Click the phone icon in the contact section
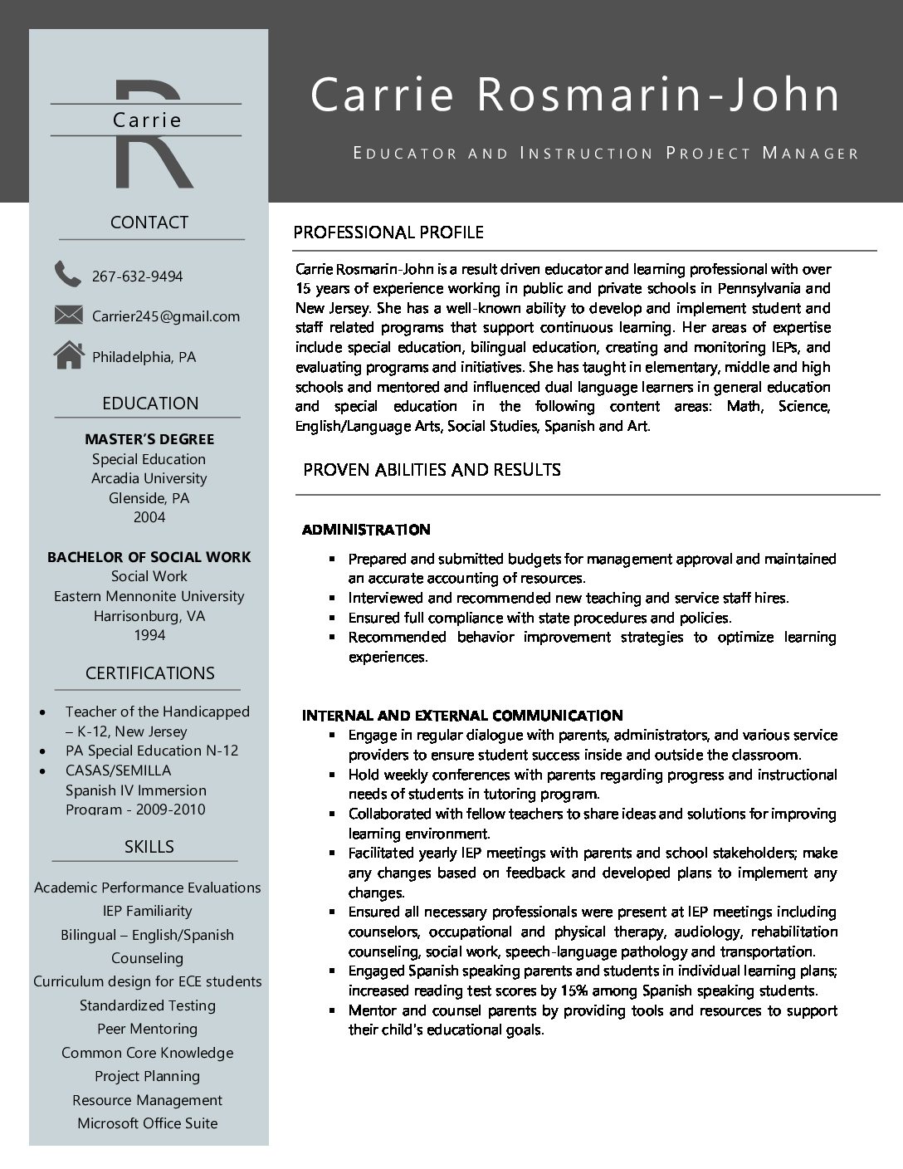tap(67, 273)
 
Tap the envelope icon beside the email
tap(68, 315)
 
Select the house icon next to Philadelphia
tap(68, 355)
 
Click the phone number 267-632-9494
tap(137, 276)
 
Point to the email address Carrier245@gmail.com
tap(165, 316)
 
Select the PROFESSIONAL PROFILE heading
tap(388, 232)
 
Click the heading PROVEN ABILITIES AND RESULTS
tap(432, 470)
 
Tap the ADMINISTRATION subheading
tap(366, 530)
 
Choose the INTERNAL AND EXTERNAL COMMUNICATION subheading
tap(462, 716)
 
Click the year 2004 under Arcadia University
tap(149, 517)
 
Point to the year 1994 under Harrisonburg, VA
tap(149, 635)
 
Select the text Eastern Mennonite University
tap(149, 596)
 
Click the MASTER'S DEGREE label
tap(149, 439)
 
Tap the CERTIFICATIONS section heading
tap(149, 673)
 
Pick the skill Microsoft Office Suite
tap(148, 1123)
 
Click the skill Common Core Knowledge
tap(148, 1053)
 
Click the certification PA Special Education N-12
tap(152, 751)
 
